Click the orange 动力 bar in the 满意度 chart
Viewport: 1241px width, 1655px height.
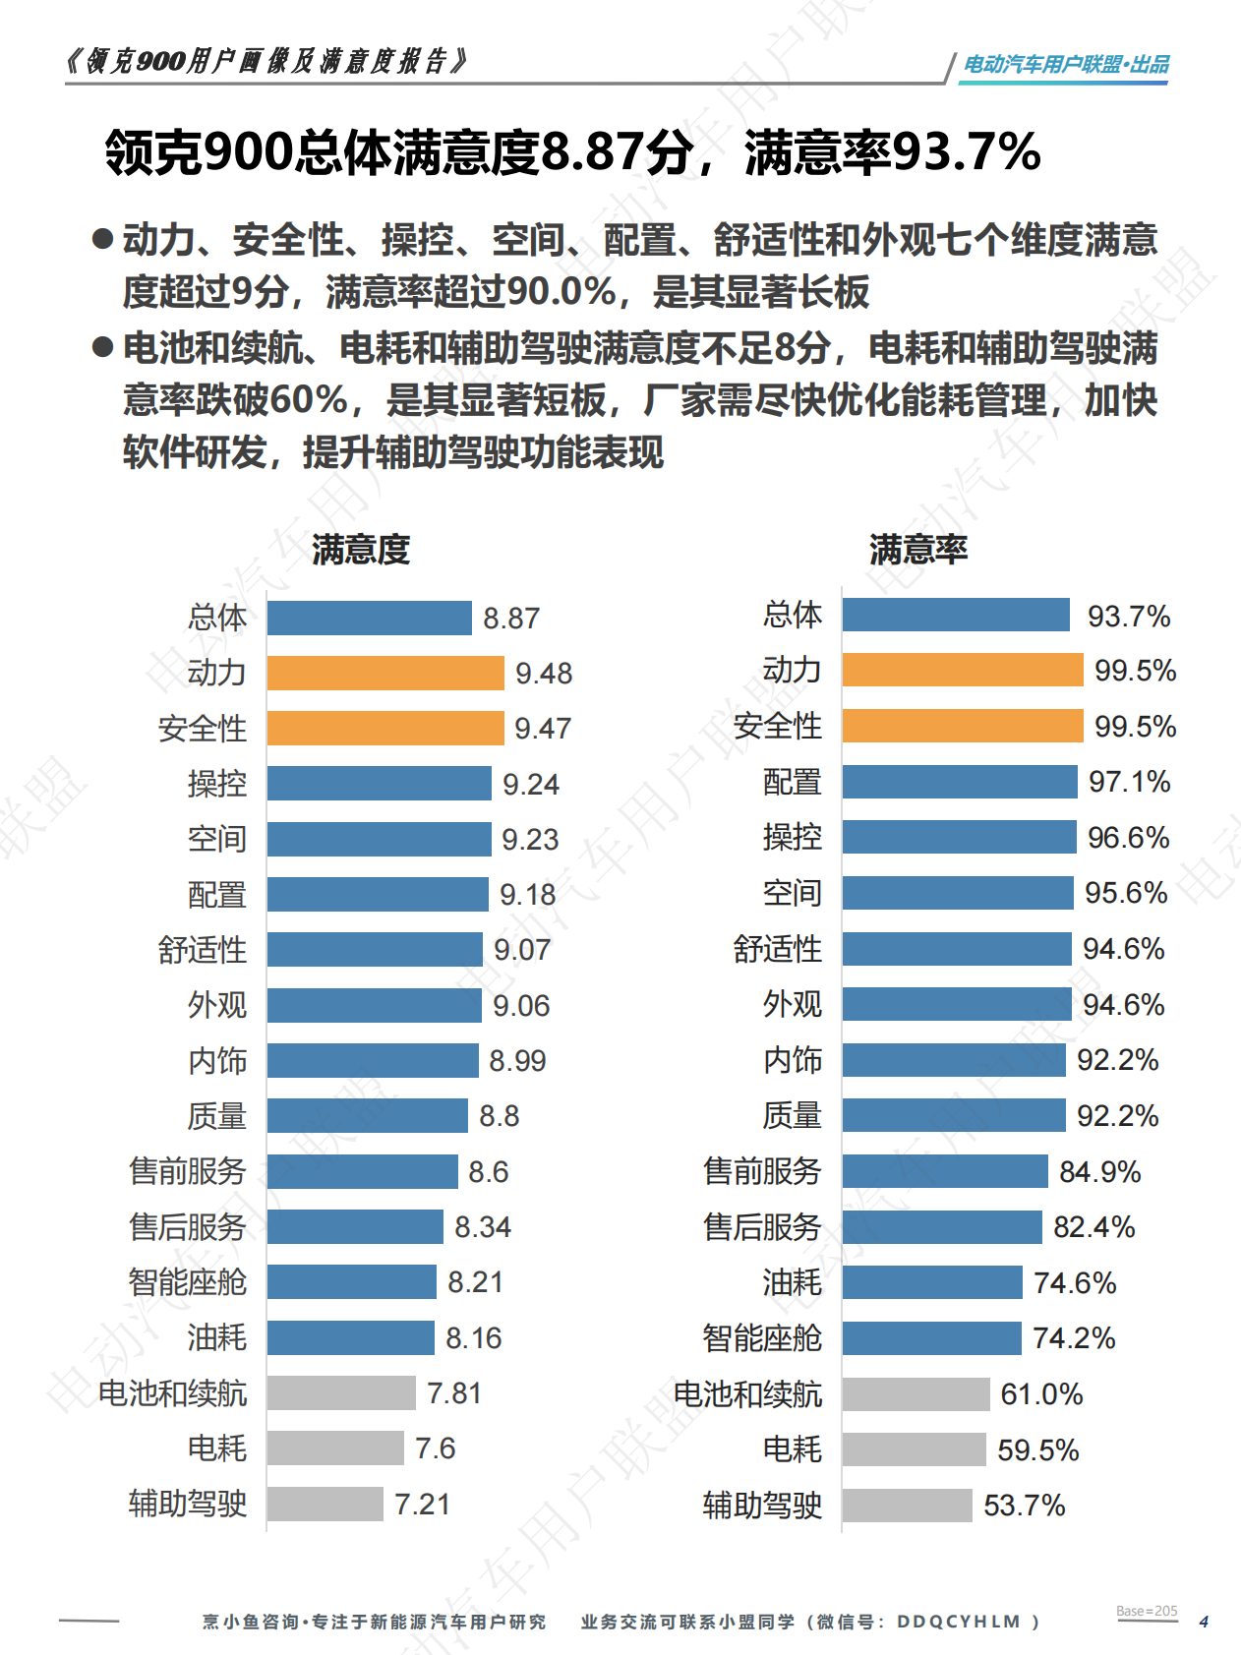(384, 673)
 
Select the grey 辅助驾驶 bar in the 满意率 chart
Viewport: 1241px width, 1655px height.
(907, 1505)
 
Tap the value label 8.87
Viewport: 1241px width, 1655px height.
(511, 619)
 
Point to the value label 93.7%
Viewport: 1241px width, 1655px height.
(1129, 617)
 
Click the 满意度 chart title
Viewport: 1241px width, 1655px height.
(361, 549)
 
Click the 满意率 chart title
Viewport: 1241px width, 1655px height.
(918, 549)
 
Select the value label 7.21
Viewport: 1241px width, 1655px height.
(422, 1505)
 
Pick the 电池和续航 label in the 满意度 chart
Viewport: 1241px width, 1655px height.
(172, 1393)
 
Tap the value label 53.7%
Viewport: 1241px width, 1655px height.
(1024, 1506)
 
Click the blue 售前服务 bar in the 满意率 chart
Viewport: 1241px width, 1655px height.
(945, 1171)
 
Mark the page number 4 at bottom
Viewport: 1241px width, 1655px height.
(1204, 1622)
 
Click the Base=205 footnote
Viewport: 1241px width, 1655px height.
(1147, 1611)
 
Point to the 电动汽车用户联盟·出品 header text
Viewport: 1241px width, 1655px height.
(1066, 64)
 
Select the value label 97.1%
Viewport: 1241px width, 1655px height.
(1129, 782)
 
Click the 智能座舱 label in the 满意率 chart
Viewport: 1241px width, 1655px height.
(762, 1338)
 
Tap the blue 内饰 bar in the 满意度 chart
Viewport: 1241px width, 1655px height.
(372, 1060)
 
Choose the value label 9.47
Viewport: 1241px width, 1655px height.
(543, 729)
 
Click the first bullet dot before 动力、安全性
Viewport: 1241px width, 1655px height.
(102, 239)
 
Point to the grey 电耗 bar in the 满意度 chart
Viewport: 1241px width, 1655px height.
(335, 1448)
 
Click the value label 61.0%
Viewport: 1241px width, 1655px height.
(1041, 1394)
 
